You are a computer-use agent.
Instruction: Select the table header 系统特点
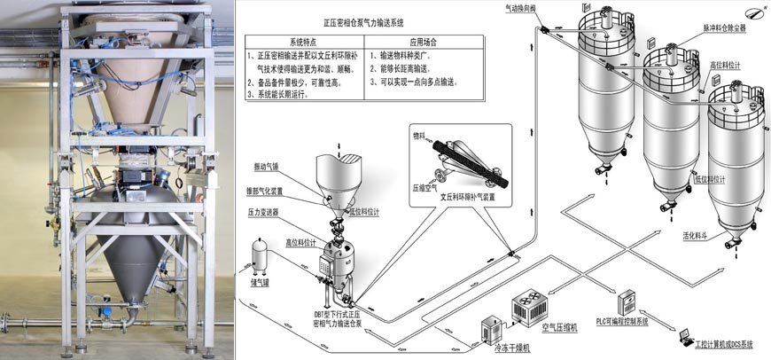tap(304, 42)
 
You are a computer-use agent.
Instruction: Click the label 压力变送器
tap(265, 213)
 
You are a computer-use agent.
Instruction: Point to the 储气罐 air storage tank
tap(258, 256)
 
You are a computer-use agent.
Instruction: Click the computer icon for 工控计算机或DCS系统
tap(684, 336)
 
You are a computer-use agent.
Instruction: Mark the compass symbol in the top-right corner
tap(753, 11)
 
